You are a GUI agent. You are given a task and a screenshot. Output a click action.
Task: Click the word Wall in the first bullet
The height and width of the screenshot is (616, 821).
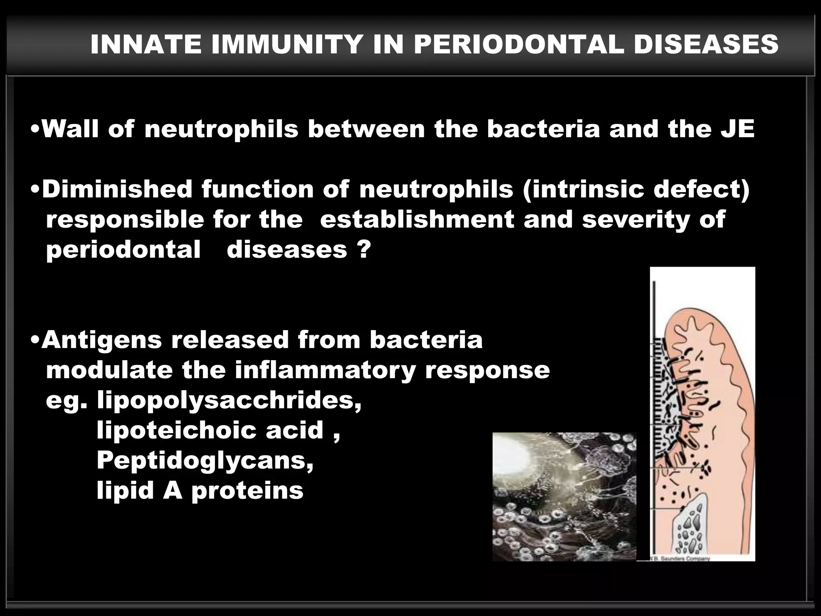70,129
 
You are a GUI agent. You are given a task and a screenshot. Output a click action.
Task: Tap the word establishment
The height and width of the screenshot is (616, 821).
417,219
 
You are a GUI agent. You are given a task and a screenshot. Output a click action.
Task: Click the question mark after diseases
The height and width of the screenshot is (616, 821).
363,249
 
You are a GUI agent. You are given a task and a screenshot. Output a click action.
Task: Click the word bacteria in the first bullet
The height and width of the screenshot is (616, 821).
543,129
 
